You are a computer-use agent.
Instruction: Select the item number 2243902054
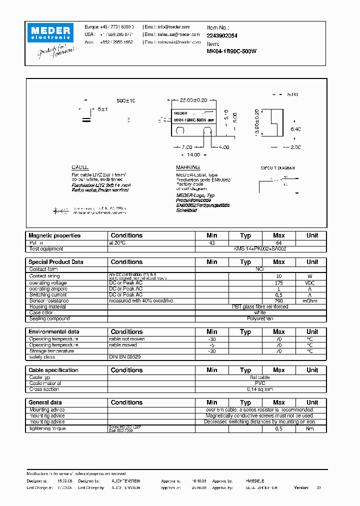click(x=222, y=35)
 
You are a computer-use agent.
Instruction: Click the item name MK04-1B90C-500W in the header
click(x=231, y=50)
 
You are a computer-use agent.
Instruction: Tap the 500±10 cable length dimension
click(x=126, y=100)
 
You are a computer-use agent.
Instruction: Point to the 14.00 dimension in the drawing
click(x=193, y=155)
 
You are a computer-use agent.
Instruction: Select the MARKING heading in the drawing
click(x=188, y=167)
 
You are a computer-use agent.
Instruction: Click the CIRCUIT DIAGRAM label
click(x=277, y=168)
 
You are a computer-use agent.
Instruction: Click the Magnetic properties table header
click(x=54, y=235)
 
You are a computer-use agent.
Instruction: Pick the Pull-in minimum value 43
click(x=212, y=242)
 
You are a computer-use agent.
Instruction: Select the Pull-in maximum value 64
click(x=278, y=242)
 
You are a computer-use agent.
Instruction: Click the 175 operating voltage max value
click(x=278, y=283)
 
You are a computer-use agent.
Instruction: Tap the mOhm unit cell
click(x=312, y=301)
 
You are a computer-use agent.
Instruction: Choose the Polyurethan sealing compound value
click(x=260, y=318)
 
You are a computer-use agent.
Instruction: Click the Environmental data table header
click(x=54, y=331)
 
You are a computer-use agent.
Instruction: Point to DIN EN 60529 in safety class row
click(x=125, y=357)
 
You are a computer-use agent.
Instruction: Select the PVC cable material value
click(x=260, y=383)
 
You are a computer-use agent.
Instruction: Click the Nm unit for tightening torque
click(x=312, y=428)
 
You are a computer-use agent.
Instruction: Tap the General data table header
click(x=45, y=402)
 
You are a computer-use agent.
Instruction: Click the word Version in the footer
click(x=301, y=487)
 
